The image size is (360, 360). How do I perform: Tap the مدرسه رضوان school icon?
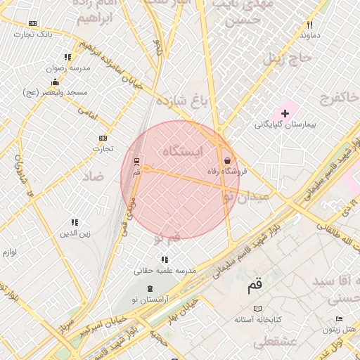(x=67, y=57)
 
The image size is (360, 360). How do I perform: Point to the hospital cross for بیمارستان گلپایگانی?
(x=285, y=112)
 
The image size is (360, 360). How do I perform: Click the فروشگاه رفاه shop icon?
(x=226, y=160)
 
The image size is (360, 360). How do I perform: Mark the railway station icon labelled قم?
(x=136, y=160)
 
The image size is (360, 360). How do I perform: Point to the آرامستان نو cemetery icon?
(x=150, y=288)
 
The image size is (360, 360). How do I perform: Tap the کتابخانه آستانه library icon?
(x=258, y=309)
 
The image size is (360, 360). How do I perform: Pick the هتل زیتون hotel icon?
(x=340, y=319)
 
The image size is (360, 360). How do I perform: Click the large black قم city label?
(x=254, y=285)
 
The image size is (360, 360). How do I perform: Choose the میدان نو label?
(x=245, y=198)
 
